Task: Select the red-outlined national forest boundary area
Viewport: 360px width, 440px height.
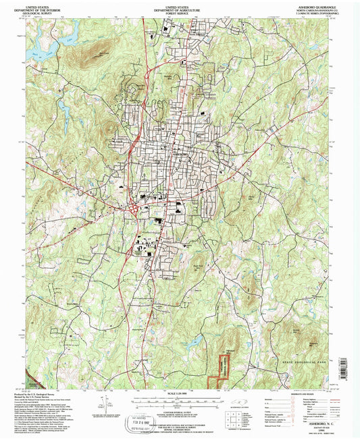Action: coord(220,368)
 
